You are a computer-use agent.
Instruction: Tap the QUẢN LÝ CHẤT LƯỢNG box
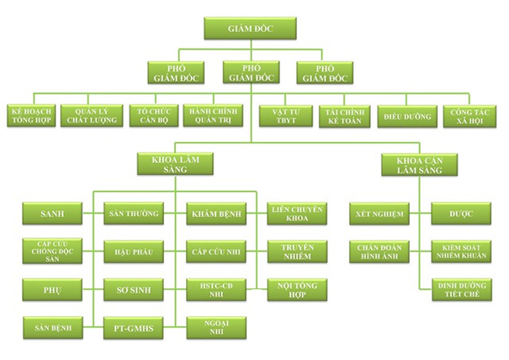92,114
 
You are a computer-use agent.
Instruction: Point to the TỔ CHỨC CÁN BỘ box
151,114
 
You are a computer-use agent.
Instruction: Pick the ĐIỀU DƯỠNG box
402,114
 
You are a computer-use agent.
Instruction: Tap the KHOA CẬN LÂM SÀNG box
407,163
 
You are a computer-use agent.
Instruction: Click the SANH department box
52,214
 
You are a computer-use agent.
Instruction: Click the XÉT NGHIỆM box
380,214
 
